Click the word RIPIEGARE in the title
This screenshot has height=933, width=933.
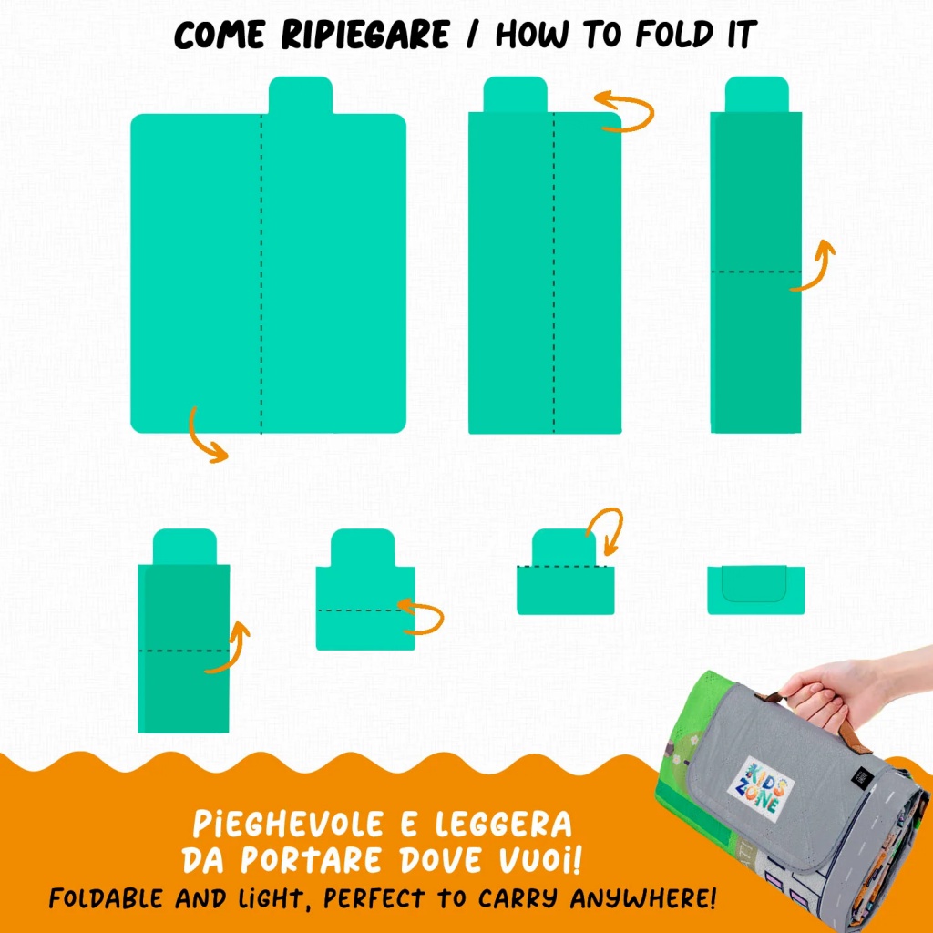[x=364, y=35]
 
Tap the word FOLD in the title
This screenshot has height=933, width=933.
[x=674, y=35]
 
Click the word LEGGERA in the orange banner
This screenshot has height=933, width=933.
[x=503, y=825]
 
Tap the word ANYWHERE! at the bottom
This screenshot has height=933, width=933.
[x=643, y=898]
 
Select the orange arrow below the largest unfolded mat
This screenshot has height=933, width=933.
[x=205, y=435]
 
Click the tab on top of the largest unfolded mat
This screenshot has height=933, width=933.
[x=301, y=95]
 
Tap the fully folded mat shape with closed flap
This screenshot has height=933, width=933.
[x=755, y=590]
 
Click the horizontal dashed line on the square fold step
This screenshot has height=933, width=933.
[x=365, y=610]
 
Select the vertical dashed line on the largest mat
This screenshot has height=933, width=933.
[x=261, y=273]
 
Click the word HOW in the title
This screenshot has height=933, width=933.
[x=532, y=35]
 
